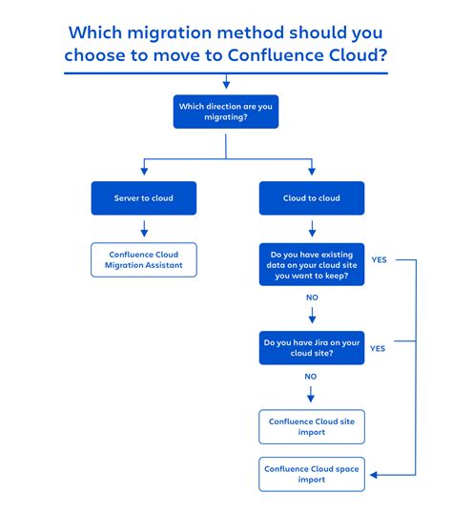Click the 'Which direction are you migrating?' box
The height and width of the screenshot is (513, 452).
pyautogui.click(x=225, y=112)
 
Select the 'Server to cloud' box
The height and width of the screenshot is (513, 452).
pyautogui.click(x=143, y=197)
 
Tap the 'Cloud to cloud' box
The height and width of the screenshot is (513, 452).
pyautogui.click(x=312, y=197)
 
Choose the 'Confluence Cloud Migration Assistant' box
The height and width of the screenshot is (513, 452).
pyautogui.click(x=143, y=260)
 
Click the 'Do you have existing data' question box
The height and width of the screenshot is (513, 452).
pyautogui.click(x=312, y=265)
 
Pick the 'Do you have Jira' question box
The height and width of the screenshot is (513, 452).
pyautogui.click(x=312, y=347)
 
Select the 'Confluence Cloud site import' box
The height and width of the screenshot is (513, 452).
pyautogui.click(x=312, y=426)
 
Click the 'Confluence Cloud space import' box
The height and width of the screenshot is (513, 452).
pyautogui.click(x=312, y=474)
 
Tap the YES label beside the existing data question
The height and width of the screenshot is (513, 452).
pyautogui.click(x=378, y=258)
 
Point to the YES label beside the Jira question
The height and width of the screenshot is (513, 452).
pyautogui.click(x=378, y=348)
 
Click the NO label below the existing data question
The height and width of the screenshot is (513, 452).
pyautogui.click(x=311, y=297)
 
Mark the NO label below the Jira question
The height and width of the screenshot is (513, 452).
pyautogui.click(x=311, y=377)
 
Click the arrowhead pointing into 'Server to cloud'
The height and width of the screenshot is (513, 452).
pyautogui.click(x=143, y=171)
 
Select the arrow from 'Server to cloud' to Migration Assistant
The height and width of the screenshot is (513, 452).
pyautogui.click(x=143, y=229)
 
